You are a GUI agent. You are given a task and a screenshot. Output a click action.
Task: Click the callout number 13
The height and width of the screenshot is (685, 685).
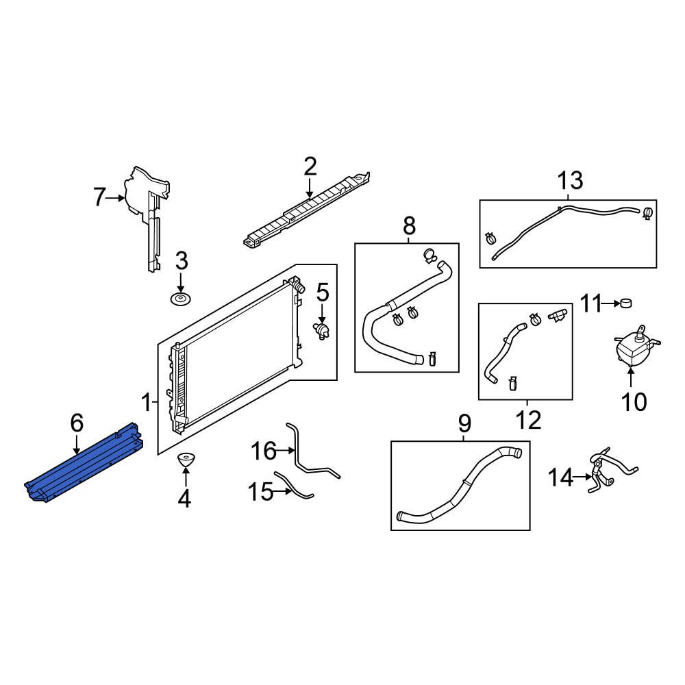tap(570, 182)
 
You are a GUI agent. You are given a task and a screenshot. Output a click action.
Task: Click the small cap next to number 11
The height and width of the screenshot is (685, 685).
tap(626, 303)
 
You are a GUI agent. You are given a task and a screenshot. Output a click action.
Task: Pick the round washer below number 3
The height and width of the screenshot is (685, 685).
tap(181, 299)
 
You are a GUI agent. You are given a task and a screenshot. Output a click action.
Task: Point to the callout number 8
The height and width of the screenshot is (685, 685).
tap(408, 225)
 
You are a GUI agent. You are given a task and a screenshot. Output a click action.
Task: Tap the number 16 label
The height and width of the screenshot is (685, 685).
tap(264, 451)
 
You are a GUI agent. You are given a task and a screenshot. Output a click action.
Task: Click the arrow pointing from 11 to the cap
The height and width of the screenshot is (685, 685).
tap(610, 302)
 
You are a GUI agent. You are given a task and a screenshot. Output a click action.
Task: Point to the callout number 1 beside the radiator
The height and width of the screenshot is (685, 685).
tap(145, 400)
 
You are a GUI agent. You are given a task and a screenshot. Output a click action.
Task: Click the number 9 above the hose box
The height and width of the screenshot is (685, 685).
tap(464, 424)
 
